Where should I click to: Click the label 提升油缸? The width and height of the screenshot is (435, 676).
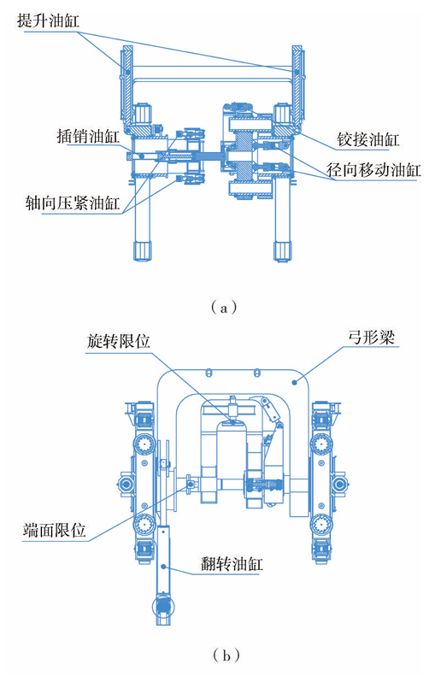pos(48,21)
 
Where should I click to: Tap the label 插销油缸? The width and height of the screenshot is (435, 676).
pos(88,136)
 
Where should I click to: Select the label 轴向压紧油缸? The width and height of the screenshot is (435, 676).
pos(73,203)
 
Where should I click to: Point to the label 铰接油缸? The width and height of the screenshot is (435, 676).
pos(367,139)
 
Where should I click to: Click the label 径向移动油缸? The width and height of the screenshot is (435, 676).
pos(373,170)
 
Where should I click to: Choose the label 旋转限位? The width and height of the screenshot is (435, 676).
pos(118,341)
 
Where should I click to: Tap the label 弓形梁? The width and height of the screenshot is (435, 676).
pos(371,337)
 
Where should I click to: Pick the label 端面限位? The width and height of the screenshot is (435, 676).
pos(55,530)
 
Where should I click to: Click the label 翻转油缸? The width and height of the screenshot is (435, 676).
pos(232,563)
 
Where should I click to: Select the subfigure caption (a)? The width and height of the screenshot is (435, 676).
pos(224,308)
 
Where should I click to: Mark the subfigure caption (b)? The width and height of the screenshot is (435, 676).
pos(226,655)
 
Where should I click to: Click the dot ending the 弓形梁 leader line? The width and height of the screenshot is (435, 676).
pos(295,382)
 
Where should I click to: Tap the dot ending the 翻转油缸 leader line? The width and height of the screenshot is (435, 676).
pos(163,566)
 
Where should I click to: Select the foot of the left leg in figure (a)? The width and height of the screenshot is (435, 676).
pos(143,251)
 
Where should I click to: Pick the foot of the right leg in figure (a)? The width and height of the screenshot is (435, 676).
pos(283,251)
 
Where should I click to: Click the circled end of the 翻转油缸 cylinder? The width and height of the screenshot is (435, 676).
pos(163,607)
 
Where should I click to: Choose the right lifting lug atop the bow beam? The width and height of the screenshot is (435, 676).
pos(256,372)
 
